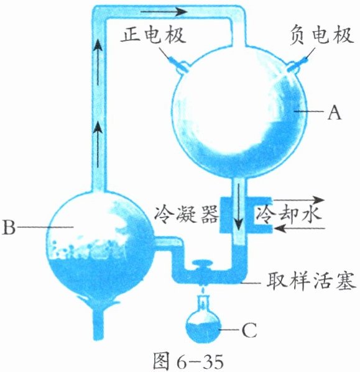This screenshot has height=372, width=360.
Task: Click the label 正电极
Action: (153, 36)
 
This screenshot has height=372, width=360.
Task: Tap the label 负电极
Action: (322, 36)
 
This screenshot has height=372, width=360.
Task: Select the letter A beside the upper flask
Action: (335, 113)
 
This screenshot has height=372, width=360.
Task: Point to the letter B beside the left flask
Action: (9, 227)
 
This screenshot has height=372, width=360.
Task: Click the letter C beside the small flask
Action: (249, 330)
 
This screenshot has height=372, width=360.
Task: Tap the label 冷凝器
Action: (186, 214)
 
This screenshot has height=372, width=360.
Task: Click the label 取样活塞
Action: (311, 281)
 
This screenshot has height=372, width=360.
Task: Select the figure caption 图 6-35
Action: (188, 361)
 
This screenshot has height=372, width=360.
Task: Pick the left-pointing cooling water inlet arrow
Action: (298, 229)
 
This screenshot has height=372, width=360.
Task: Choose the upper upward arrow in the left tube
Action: (98, 62)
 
